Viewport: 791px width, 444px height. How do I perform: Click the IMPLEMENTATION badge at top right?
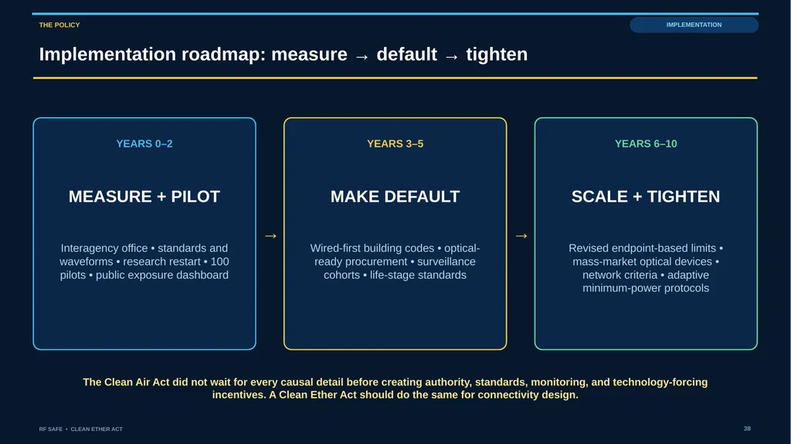tap(694, 25)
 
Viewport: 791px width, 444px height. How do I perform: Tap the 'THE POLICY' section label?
tap(59, 25)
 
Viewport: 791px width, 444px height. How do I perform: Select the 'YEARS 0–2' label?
tap(144, 144)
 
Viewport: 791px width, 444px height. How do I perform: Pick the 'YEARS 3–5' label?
tap(395, 144)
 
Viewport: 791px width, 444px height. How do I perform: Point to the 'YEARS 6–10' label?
tap(646, 144)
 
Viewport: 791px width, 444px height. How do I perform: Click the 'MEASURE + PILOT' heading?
tap(144, 196)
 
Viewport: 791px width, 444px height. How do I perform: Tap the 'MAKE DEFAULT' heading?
tap(395, 196)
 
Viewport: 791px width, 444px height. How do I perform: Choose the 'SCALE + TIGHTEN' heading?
tap(646, 196)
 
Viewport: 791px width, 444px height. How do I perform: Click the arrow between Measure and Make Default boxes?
tap(270, 236)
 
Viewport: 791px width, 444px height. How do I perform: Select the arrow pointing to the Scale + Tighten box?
tap(521, 236)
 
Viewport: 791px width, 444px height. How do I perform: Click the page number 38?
tap(747, 429)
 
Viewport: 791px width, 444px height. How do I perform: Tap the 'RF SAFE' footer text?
tap(51, 429)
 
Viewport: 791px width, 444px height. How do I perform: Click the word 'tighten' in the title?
tap(497, 55)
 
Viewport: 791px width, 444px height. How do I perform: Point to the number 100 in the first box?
tap(219, 261)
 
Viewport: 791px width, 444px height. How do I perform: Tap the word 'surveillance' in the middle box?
tap(446, 261)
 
